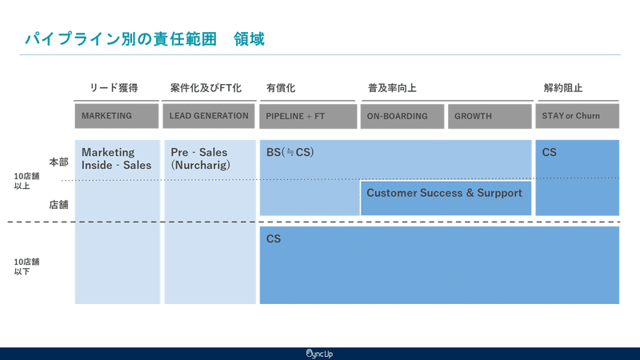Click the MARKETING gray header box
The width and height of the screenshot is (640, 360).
[117, 116]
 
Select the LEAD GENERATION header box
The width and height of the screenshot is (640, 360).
[209, 116]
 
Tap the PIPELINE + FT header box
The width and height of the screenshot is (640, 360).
[308, 116]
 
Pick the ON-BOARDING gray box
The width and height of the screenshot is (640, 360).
[402, 116]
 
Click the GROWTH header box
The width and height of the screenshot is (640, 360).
[490, 116]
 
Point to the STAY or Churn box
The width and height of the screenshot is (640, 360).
[577, 116]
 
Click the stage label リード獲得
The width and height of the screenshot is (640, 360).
[114, 88]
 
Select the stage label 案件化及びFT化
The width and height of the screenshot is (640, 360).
[206, 88]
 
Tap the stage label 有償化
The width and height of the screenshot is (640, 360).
[281, 88]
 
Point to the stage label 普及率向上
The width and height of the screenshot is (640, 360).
[392, 88]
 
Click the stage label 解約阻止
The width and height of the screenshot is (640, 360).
[563, 88]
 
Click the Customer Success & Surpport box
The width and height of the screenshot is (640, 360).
[446, 198]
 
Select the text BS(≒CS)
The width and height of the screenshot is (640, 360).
[290, 152]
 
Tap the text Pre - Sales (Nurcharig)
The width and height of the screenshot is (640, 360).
[201, 158]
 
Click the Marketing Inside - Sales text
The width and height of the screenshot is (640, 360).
[116, 158]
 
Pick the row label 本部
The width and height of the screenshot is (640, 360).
[58, 162]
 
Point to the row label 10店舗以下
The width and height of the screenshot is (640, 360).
[26, 266]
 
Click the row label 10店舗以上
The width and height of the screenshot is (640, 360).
[26, 181]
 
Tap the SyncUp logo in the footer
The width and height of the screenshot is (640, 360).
[319, 354]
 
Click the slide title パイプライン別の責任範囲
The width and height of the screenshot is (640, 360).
[121, 39]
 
